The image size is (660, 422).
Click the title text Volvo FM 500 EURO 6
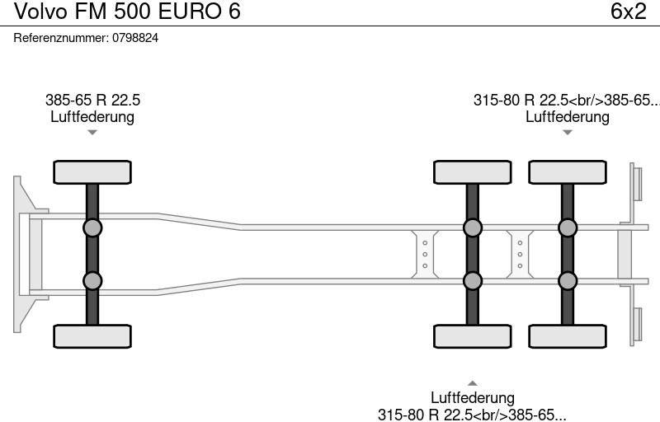127,11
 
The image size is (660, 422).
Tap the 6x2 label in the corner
628,11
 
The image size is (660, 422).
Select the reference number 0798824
135,38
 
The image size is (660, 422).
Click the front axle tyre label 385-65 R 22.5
92,100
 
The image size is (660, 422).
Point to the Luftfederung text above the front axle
92,117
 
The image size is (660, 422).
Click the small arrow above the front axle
92,133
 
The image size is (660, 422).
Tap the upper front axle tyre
92,172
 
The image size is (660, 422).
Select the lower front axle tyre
92,336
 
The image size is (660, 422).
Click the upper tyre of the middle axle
472,172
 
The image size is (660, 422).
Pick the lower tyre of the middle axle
472,336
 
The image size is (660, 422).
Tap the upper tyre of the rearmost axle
568,172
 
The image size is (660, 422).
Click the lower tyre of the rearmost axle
568,336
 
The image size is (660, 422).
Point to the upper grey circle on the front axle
92,227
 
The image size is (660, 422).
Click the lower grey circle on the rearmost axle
568,281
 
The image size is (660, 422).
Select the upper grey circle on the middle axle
472,227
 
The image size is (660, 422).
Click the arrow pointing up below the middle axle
472,383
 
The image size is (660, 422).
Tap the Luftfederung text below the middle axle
472,397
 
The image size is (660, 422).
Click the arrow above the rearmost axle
568,133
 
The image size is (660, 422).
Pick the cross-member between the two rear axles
520,255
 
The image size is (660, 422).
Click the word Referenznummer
61,38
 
